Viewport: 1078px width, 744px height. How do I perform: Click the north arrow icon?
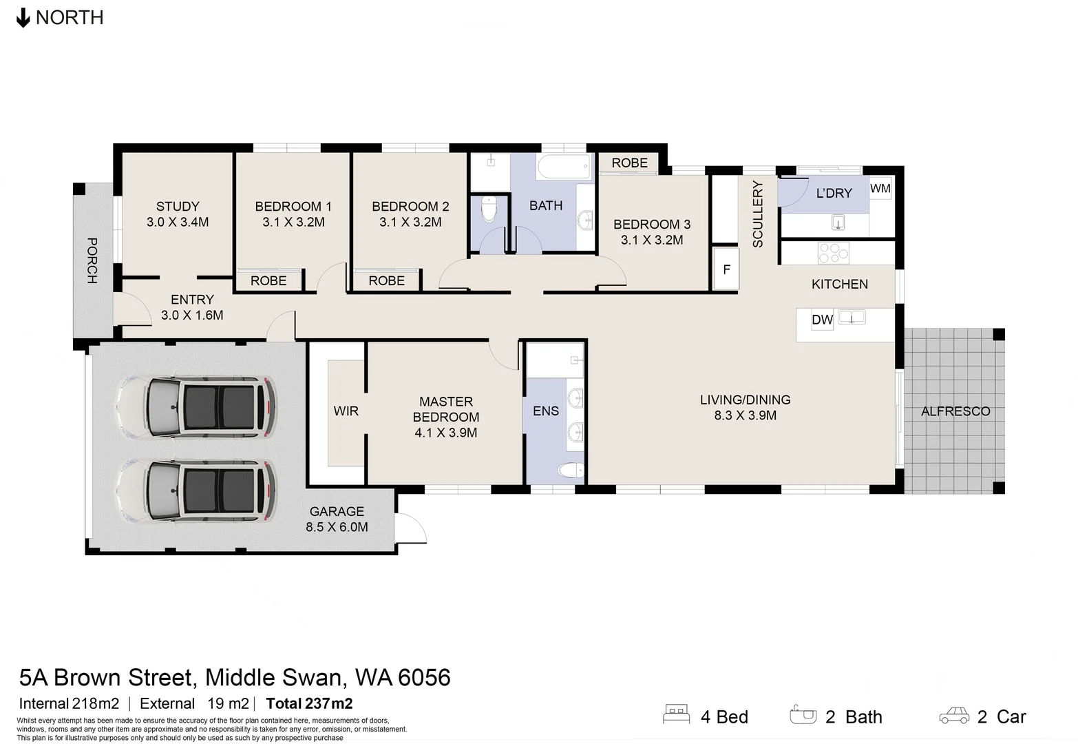click(23, 18)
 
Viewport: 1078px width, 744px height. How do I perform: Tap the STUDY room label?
click(178, 207)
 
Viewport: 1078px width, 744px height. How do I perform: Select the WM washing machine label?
click(880, 188)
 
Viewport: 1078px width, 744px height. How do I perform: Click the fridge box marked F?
click(726, 269)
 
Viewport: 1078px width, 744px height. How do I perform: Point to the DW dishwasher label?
click(822, 320)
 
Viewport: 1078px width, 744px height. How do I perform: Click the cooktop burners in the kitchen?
click(834, 253)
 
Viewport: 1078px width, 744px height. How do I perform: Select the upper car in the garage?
click(195, 407)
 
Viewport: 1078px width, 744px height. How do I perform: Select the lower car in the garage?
click(195, 491)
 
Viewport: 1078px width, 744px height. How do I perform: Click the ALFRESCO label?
click(955, 411)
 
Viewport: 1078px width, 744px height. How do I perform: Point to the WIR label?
click(346, 411)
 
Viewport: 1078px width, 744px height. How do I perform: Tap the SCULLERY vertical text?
click(757, 214)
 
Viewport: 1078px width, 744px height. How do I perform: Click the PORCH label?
click(92, 260)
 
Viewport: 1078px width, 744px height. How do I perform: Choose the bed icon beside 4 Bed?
click(676, 714)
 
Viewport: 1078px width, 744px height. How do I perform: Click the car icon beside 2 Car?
click(954, 716)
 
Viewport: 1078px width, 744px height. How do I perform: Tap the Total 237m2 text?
click(310, 703)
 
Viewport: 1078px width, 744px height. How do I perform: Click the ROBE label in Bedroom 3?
click(629, 163)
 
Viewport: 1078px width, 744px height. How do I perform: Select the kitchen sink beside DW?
click(852, 318)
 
